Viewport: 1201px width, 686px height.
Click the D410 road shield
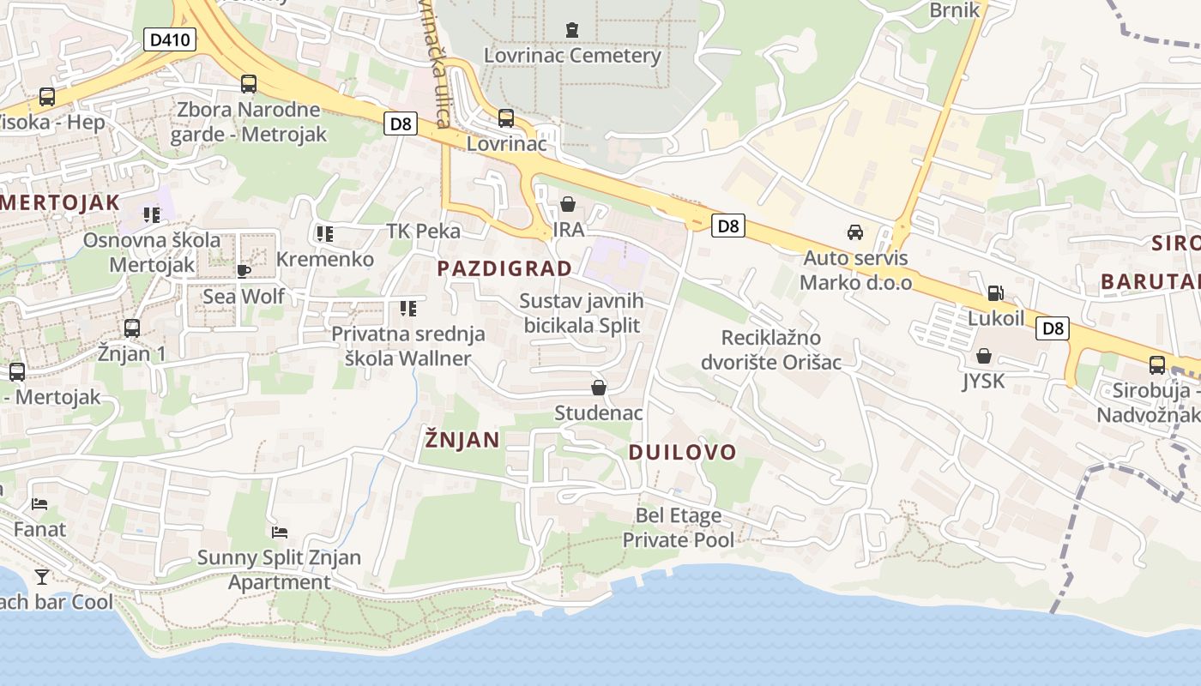tap(171, 39)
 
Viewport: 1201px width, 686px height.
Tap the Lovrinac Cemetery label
tap(572, 56)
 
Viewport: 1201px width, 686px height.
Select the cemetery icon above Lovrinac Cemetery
tap(572, 31)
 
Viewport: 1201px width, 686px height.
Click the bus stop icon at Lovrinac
tap(506, 118)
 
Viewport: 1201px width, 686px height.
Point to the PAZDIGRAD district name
tap(504, 268)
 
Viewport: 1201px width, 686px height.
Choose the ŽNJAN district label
tap(462, 440)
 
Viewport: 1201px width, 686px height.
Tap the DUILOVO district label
tap(683, 452)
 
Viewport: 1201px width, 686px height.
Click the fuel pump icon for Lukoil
tap(995, 293)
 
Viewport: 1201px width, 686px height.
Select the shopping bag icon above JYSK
tap(984, 355)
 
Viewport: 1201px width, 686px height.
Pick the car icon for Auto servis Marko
tap(855, 232)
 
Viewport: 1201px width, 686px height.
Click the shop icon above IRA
tap(568, 204)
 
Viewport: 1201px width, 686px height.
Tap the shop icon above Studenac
tap(599, 388)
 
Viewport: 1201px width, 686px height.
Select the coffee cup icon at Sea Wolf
tap(244, 271)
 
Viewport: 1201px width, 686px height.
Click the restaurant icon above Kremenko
tap(324, 233)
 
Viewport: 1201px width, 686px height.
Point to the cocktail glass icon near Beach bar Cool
tap(41, 575)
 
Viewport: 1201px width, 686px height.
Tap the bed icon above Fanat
tap(39, 503)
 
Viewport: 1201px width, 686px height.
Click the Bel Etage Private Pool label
tap(679, 527)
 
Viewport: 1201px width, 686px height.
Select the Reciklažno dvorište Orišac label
tap(771, 350)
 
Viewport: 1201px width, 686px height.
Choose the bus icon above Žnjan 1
tap(132, 328)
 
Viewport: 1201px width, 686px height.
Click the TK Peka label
tap(424, 231)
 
